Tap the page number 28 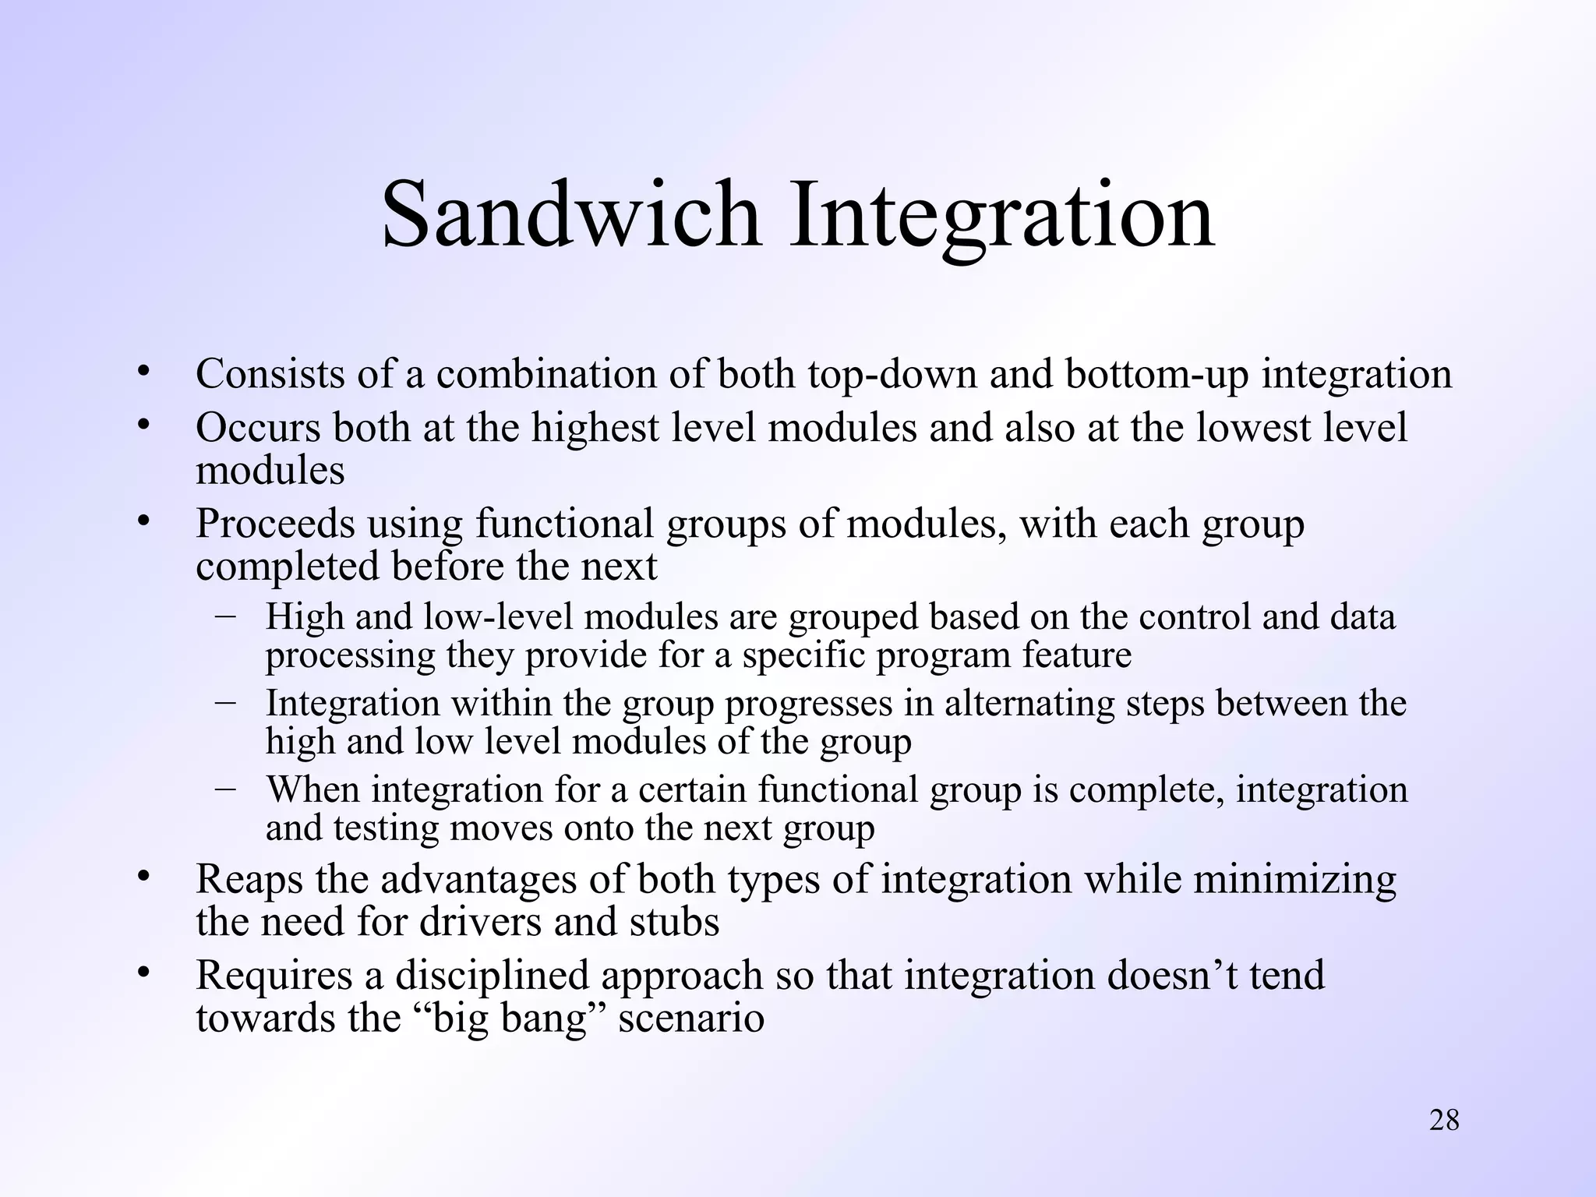click(1444, 1120)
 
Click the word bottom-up click(1156, 374)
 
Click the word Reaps click(249, 880)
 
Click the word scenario click(690, 1018)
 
